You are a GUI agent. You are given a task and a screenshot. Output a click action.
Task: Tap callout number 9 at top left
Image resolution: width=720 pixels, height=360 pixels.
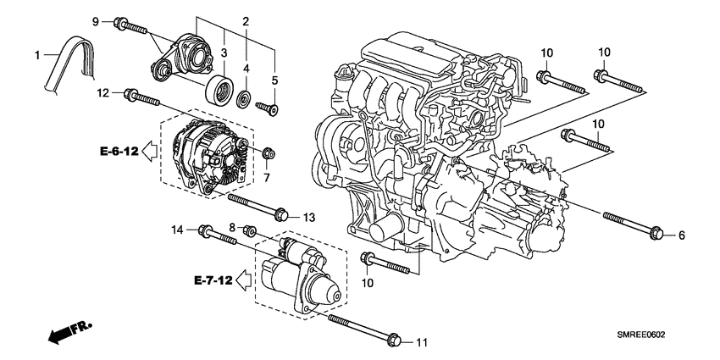coord(96,19)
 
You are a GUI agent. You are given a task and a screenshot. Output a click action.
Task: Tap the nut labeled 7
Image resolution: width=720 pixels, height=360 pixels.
coord(269,152)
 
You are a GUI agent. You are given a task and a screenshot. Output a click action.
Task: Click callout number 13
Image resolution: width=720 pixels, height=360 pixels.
coord(308,218)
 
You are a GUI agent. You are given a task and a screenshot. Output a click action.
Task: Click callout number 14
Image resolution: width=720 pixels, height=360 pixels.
coord(178,229)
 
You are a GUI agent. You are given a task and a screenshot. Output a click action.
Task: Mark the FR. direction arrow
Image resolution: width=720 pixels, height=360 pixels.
coord(68,331)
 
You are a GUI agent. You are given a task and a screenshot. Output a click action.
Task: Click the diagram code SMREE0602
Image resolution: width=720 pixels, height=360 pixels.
coord(652,335)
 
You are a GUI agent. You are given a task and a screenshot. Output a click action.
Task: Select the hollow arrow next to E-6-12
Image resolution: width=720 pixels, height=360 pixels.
coord(147,152)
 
